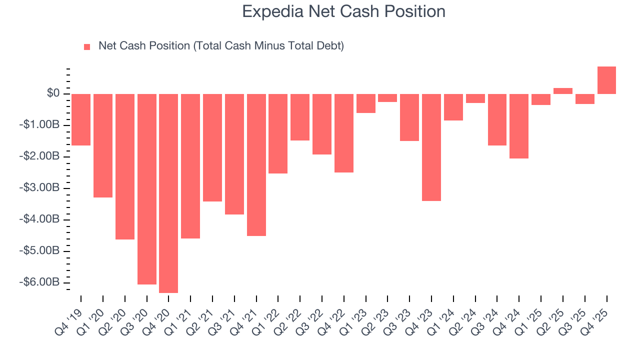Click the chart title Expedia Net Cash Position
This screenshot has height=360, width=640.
(x=343, y=11)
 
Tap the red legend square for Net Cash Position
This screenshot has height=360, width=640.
(x=87, y=46)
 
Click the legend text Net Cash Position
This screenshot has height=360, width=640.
(x=221, y=46)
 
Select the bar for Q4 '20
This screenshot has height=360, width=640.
(x=168, y=193)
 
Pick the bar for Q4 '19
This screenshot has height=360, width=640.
(x=81, y=119)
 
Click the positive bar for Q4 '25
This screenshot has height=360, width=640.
(x=606, y=80)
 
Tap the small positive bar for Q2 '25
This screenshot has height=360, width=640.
(x=562, y=91)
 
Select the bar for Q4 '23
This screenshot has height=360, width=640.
(x=431, y=147)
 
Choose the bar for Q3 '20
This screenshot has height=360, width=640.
(x=147, y=189)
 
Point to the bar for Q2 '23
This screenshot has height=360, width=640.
(x=387, y=98)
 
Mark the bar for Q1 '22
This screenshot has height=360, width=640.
(x=278, y=133)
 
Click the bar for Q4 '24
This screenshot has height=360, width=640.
(x=519, y=126)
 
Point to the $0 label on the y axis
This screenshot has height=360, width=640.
(x=53, y=93)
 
